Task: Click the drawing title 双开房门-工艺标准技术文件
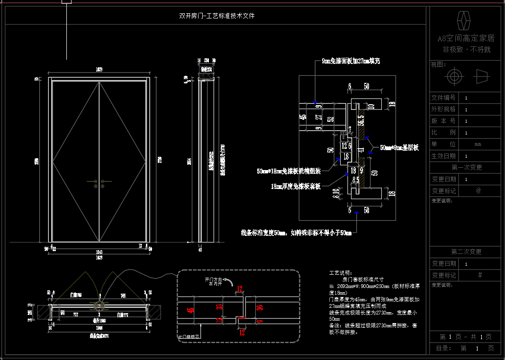pyautogui.click(x=217, y=16)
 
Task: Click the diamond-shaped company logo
pyautogui.click(x=465, y=20)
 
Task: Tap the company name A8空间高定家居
pyautogui.click(x=465, y=38)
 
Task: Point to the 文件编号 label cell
pyautogui.click(x=443, y=98)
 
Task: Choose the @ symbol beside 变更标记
pyautogui.click(x=478, y=190)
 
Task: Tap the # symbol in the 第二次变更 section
pyautogui.click(x=479, y=275)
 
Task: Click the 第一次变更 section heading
pyautogui.click(x=465, y=167)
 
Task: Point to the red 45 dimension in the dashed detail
pyautogui.click(x=191, y=310)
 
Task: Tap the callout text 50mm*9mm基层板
pyautogui.click(x=399, y=148)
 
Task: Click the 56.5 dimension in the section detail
pyautogui.click(x=361, y=120)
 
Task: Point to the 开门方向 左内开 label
pyautogui.click(x=213, y=282)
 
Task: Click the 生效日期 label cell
pyautogui.click(x=443, y=156)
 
